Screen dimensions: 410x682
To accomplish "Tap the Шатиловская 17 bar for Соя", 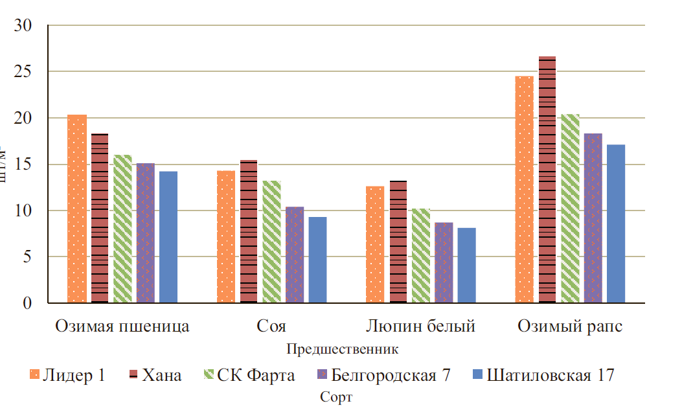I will [317, 260].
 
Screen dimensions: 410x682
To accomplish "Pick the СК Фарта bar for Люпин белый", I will [421, 255].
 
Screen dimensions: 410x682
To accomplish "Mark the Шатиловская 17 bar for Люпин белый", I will [466, 266].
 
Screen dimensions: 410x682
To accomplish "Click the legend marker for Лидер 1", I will [35, 374].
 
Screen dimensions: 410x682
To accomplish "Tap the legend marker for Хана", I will [133, 374].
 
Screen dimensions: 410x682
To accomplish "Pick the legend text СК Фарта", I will [256, 375].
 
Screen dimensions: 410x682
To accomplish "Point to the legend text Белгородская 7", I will [391, 375].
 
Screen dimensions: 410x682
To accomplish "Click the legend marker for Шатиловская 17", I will [477, 374].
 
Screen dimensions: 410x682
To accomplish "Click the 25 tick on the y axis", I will [25, 72].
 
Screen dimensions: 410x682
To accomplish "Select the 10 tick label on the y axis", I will [25, 211].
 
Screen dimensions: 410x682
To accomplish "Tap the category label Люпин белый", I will [421, 326].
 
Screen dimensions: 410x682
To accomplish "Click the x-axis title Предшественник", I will [342, 349].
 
